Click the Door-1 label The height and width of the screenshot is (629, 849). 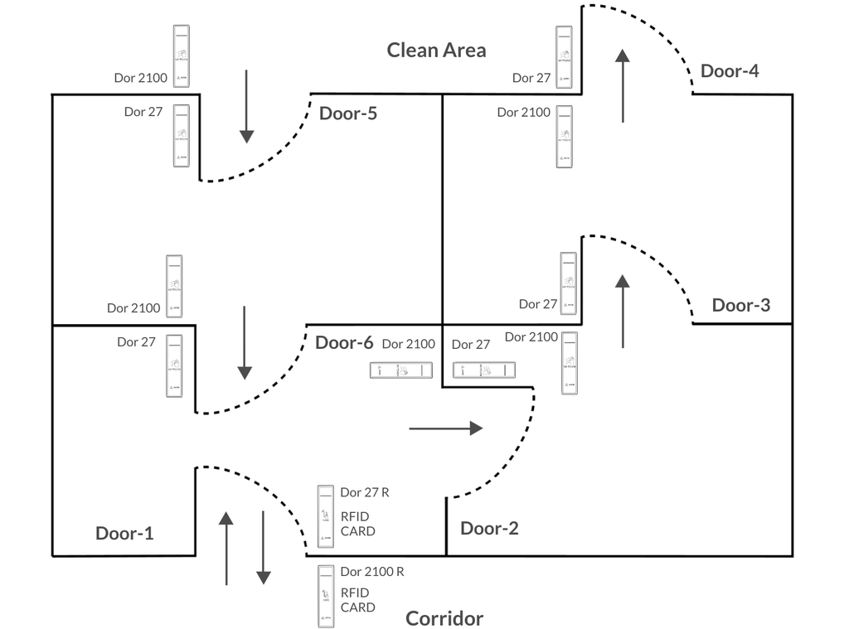point(124,533)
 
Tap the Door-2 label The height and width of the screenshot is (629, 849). point(489,528)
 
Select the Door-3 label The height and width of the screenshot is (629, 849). point(741,305)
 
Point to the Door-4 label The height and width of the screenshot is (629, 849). point(730,70)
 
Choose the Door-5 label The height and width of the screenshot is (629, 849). point(348,113)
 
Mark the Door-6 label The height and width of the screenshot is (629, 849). point(344,342)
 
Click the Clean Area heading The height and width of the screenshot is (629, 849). point(436,50)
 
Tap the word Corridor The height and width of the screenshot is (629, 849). point(444,618)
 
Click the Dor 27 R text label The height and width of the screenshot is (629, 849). point(365,492)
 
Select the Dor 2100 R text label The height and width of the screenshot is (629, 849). point(372,572)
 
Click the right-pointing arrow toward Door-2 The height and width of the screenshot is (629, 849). point(446,428)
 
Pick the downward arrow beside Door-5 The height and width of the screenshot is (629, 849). point(246,106)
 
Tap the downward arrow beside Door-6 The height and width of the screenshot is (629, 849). point(245,342)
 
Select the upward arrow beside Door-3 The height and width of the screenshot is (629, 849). point(623,310)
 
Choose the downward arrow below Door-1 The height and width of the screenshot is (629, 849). point(263,548)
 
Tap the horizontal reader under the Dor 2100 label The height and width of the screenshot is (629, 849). point(402,371)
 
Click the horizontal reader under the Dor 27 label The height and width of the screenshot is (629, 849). point(484,370)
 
